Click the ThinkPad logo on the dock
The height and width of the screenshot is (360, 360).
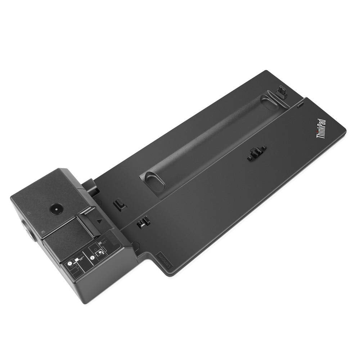[x=321, y=129]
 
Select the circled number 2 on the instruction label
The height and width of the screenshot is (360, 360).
[x=93, y=258]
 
